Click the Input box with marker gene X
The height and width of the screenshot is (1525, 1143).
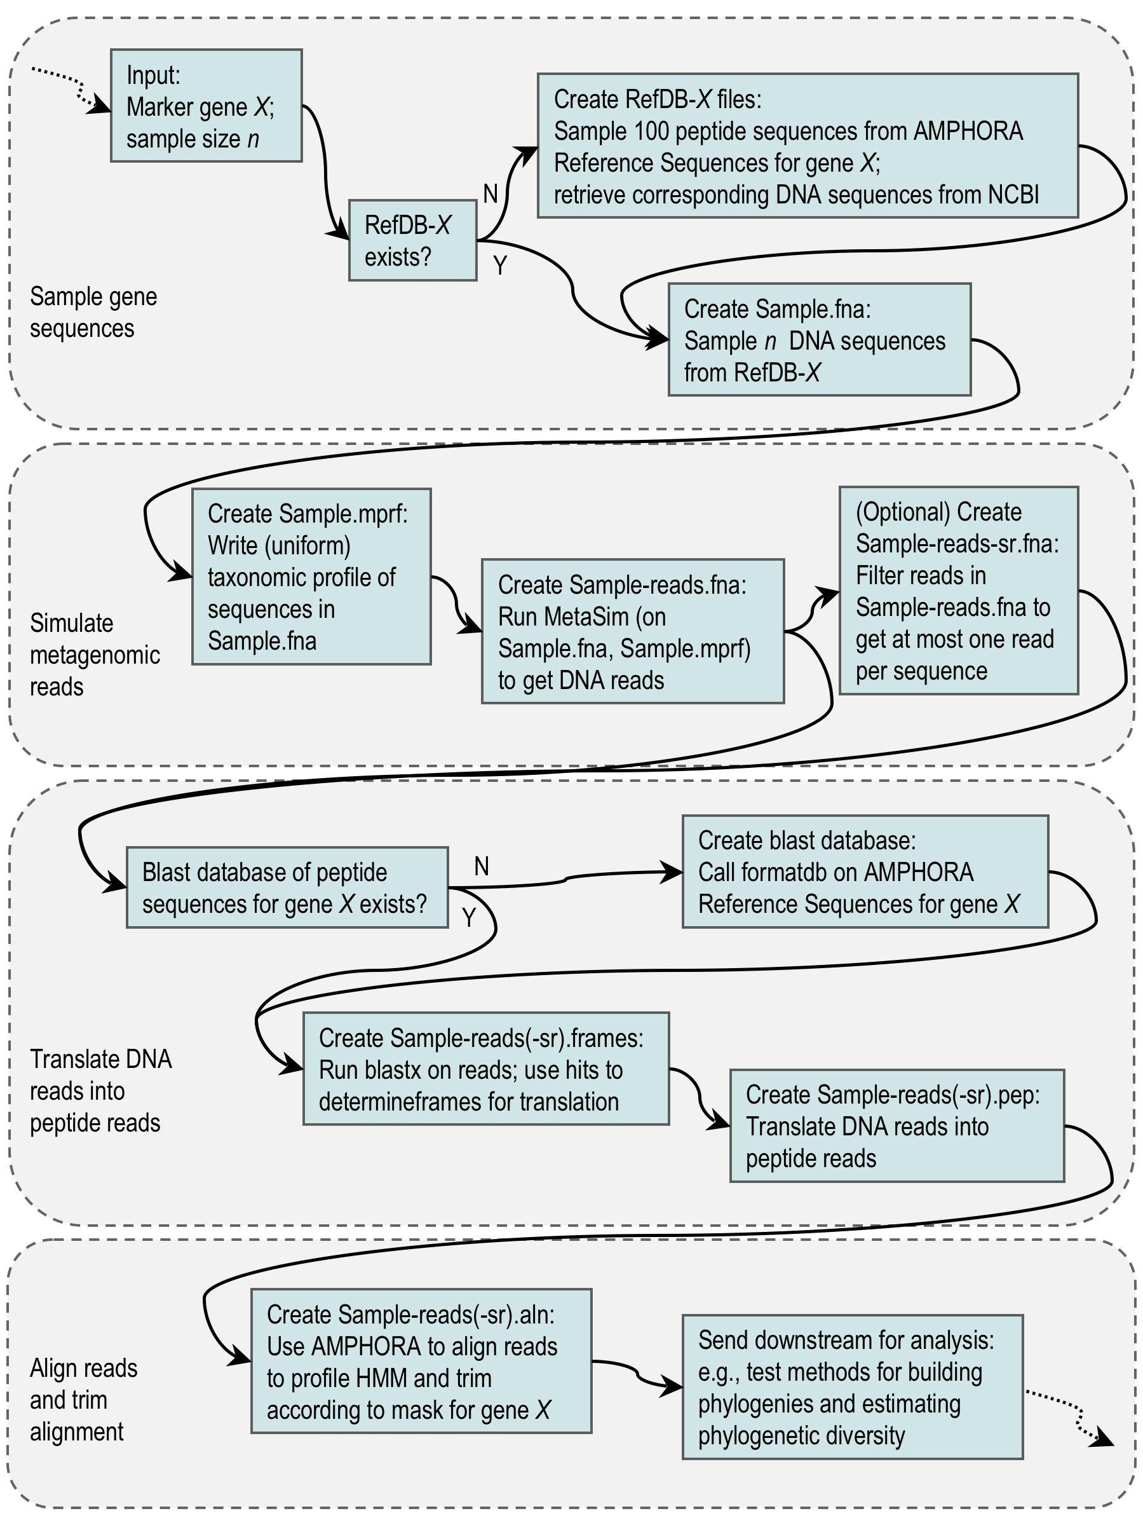[206, 106]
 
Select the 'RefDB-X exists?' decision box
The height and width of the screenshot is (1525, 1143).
[412, 240]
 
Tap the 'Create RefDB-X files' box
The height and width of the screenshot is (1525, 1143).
[807, 146]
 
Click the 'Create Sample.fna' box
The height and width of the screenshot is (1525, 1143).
[818, 339]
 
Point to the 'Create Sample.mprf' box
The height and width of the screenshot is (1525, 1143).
[311, 577]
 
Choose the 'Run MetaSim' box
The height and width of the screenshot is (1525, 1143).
[632, 631]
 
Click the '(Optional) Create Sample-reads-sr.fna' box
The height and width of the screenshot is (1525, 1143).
[957, 590]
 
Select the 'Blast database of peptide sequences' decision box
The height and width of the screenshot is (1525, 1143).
[287, 887]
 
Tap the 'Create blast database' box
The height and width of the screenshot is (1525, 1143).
[865, 872]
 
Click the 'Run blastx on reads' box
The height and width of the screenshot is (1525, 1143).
[485, 1069]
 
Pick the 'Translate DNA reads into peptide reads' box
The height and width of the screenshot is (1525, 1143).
[896, 1126]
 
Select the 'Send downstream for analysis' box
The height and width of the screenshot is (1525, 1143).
[851, 1386]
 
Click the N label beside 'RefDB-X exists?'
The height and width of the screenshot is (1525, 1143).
[490, 195]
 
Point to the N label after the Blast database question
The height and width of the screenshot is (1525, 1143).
[481, 866]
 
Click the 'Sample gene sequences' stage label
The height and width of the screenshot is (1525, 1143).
[93, 312]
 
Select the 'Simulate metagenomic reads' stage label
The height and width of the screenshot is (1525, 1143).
[95, 654]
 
